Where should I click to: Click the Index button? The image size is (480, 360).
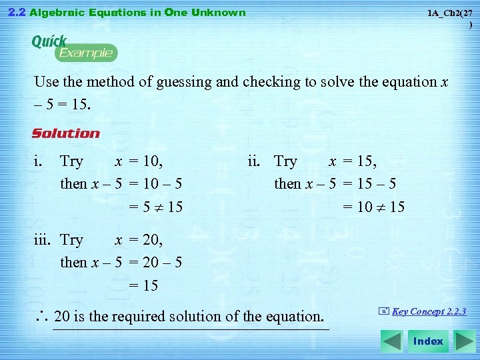[x=427, y=341]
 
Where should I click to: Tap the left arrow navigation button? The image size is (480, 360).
[x=392, y=341]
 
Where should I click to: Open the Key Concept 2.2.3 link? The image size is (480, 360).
[x=429, y=311]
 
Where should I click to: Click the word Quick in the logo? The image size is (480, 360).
[x=49, y=41]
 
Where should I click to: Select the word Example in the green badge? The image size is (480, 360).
[x=86, y=53]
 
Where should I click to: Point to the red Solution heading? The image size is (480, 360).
[x=66, y=133]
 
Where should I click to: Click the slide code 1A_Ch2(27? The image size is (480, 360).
[x=450, y=13]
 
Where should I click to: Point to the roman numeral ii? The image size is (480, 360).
[x=254, y=161]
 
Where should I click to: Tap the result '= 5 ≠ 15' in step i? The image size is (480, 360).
[x=155, y=207]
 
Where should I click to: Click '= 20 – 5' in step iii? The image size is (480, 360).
[x=155, y=262]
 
